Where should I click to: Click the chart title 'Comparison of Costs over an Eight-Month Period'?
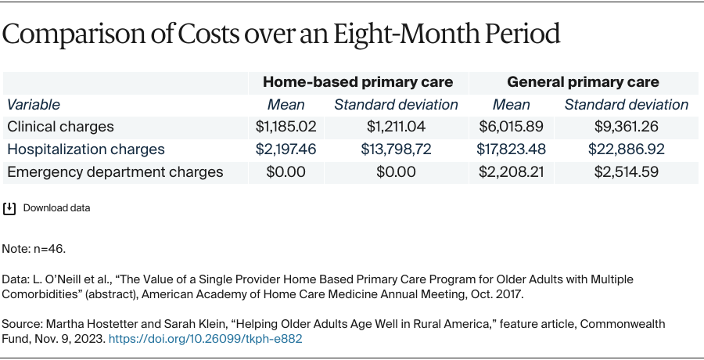pyautogui.click(x=282, y=35)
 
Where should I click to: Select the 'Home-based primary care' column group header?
pyautogui.click(x=357, y=82)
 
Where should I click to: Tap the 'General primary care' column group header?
pyautogui.click(x=583, y=82)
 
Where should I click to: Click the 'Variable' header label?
pyautogui.click(x=34, y=104)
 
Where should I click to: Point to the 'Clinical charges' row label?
pyautogui.click(x=60, y=126)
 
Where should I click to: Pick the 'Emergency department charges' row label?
pyautogui.click(x=115, y=171)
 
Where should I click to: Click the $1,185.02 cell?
pyautogui.click(x=286, y=126)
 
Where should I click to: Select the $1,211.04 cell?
pyautogui.click(x=396, y=126)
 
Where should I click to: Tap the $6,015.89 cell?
pyautogui.click(x=511, y=126)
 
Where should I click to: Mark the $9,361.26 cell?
pyautogui.click(x=626, y=126)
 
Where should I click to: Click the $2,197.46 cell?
pyautogui.click(x=286, y=149)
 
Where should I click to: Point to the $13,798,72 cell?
pyautogui.click(x=396, y=149)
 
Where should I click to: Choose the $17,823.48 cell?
pyautogui.click(x=511, y=149)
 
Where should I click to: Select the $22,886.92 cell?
pyautogui.click(x=626, y=149)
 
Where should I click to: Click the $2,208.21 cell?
pyautogui.click(x=511, y=171)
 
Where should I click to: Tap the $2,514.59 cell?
pyautogui.click(x=626, y=171)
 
